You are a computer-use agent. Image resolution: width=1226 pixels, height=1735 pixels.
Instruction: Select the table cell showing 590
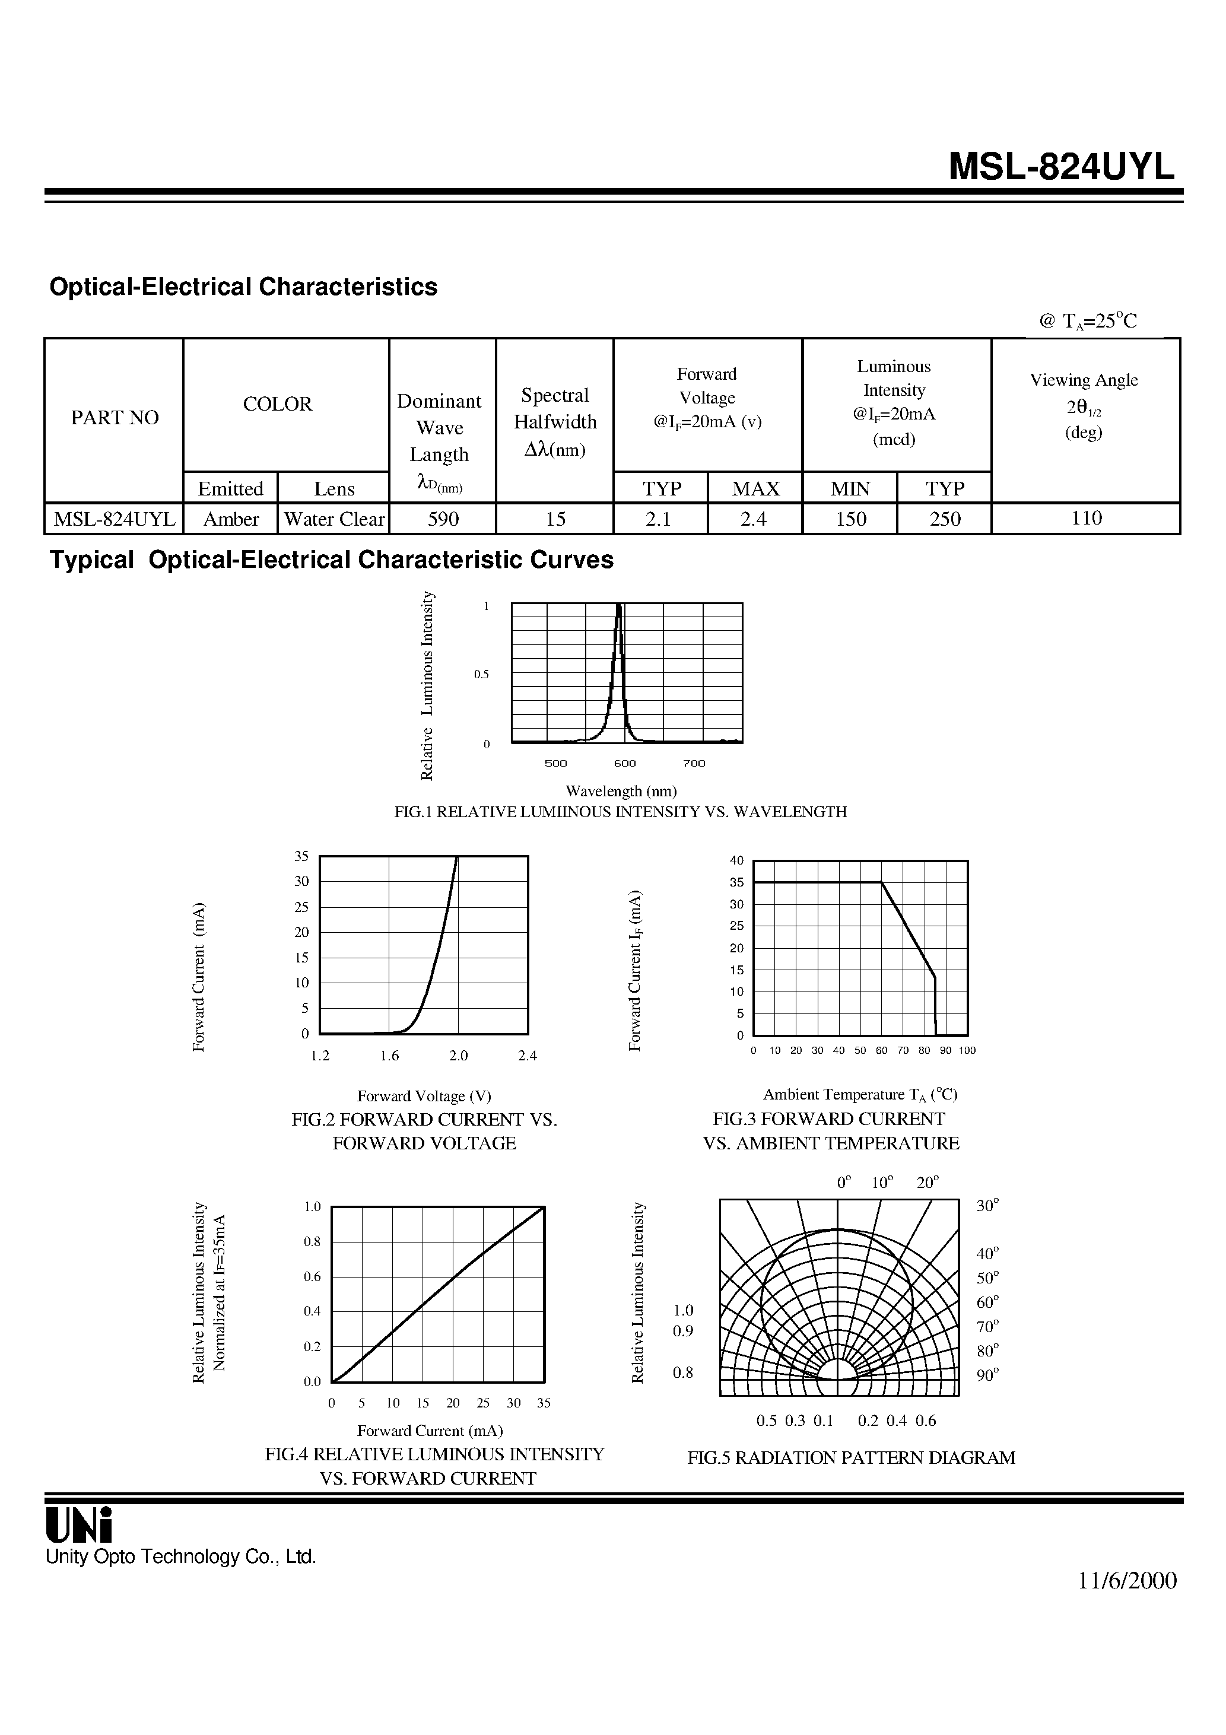442,519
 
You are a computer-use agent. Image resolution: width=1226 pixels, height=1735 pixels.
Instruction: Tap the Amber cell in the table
230,519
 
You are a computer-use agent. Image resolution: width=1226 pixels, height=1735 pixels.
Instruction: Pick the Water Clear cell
334,519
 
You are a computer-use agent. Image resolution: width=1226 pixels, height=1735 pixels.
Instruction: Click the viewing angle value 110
1086,519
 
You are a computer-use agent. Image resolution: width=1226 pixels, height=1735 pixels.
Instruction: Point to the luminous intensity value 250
945,519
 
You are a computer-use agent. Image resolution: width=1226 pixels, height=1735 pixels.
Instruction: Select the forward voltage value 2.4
754,519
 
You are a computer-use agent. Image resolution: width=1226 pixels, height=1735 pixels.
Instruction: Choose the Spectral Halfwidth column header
555,422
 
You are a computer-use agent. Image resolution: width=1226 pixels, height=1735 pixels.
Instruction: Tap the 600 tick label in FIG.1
624,763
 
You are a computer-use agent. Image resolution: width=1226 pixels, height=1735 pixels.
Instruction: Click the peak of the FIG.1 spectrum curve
619,605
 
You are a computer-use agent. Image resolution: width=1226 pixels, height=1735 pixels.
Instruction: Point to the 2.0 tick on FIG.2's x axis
458,1056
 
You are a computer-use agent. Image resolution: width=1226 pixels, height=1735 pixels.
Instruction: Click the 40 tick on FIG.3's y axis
737,860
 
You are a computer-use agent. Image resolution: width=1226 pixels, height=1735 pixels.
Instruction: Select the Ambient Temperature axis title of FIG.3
859,1094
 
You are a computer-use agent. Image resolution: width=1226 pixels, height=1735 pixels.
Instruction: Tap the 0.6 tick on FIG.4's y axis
312,1276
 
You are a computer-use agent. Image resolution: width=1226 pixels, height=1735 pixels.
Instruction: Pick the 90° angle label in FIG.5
987,1375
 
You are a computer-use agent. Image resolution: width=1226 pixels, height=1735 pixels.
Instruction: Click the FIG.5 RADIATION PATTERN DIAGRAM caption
851,1458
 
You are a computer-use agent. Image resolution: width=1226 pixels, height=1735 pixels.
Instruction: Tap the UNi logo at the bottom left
78,1524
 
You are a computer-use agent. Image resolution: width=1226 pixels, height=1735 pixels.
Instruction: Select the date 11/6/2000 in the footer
1127,1580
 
